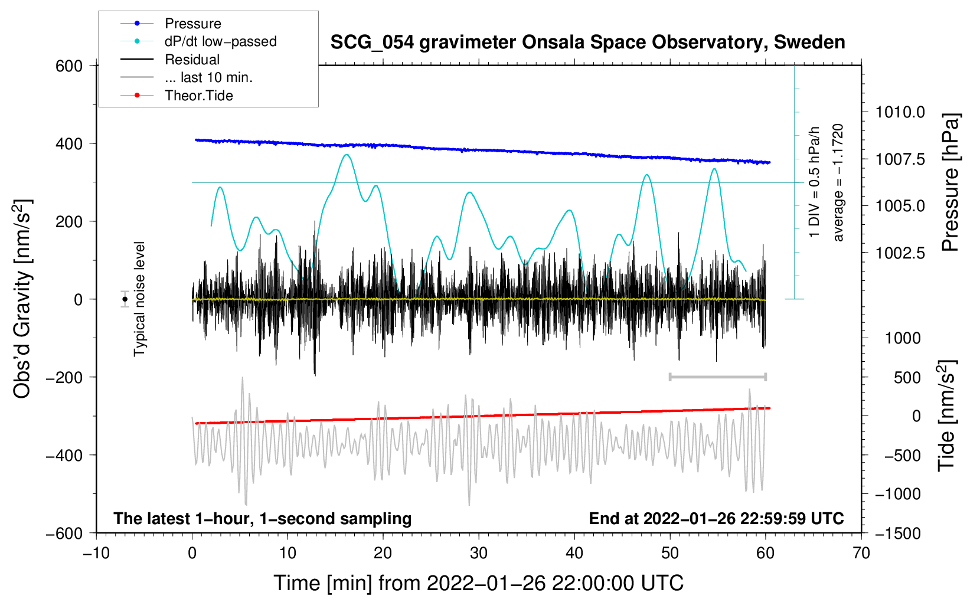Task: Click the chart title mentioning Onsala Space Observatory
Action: point(587,42)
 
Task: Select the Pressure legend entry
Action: point(192,24)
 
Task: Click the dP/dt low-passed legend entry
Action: point(220,41)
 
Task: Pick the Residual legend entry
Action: point(192,60)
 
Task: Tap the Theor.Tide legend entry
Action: point(198,96)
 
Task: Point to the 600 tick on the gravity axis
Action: point(69,66)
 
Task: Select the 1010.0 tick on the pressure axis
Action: point(900,112)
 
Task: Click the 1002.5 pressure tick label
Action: point(900,253)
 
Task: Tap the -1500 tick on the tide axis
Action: point(897,533)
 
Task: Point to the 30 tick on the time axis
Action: point(479,553)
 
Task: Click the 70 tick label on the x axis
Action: point(861,553)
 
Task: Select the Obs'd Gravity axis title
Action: point(22,299)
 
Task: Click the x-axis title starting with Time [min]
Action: point(478,583)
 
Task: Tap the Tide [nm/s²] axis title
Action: point(946,417)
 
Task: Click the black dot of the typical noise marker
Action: point(125,299)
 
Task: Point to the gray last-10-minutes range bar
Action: point(717,377)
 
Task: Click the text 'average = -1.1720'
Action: point(838,182)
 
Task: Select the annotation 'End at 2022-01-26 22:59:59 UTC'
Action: point(716,518)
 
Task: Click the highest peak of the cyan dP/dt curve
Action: point(347,155)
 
